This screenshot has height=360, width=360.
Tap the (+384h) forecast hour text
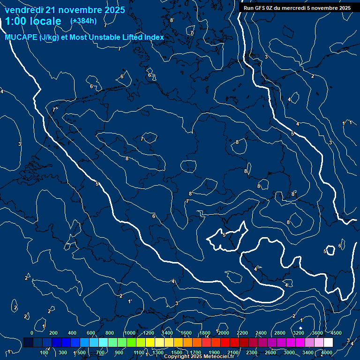pos(83,21)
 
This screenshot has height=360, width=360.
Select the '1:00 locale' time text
pos(33,21)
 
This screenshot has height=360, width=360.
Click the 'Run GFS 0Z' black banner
pos(296,8)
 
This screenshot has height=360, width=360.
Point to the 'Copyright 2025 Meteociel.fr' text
pos(199,357)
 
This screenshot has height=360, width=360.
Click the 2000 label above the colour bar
pos(223,333)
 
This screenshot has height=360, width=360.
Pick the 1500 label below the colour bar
pos(177,352)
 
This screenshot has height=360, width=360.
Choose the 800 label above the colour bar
pos(110,333)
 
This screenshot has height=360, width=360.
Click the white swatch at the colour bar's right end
pos(328,343)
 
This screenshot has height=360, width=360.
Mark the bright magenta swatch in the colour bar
pos(300,343)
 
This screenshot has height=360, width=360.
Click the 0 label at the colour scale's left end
pos(32,333)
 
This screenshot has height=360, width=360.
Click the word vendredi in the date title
pos(25,10)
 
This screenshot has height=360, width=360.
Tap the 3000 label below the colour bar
pos(289,352)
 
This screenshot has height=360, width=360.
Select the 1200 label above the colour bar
pos(148,333)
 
